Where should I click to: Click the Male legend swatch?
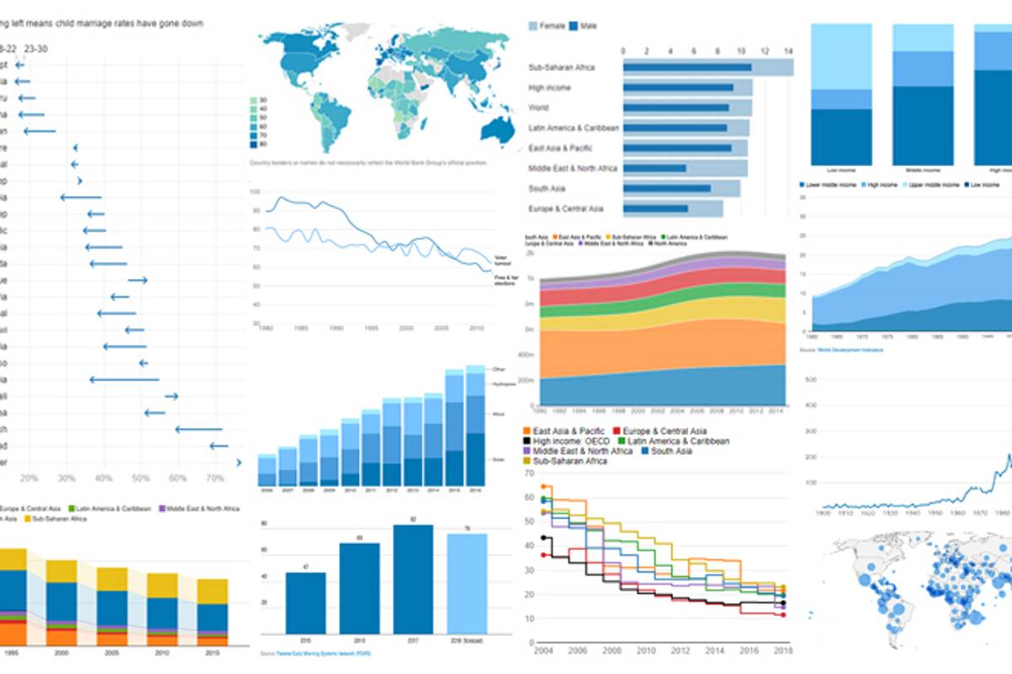(575, 27)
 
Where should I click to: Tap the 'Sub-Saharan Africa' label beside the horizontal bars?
(562, 67)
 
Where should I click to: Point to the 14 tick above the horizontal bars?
(789, 51)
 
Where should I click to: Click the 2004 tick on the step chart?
(543, 650)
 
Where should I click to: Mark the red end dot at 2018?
(783, 615)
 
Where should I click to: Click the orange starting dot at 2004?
(543, 487)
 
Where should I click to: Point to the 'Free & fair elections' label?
(503, 279)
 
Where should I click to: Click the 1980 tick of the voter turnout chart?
(266, 328)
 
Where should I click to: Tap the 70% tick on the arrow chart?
(215, 479)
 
